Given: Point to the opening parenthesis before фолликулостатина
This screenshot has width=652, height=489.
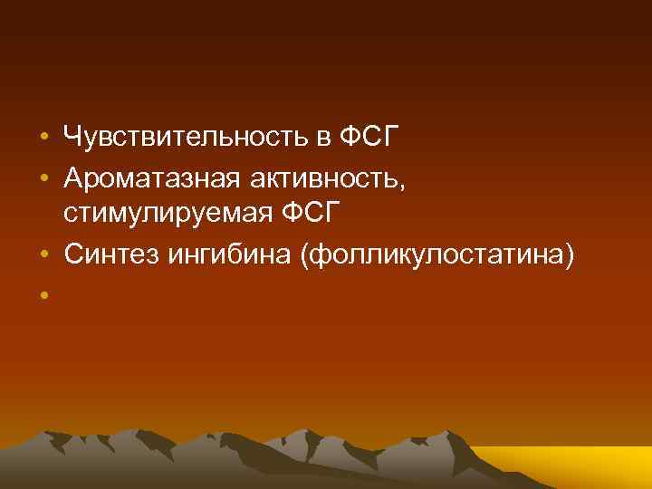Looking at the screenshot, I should tap(312, 258).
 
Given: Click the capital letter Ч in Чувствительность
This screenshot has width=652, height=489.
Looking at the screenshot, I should tap(71, 139).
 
